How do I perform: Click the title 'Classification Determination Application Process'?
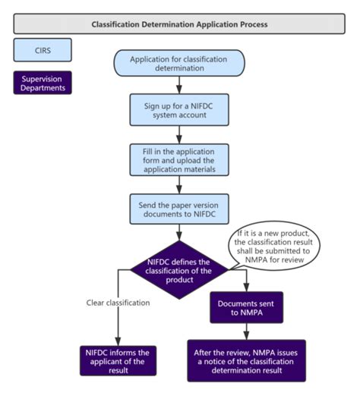179,24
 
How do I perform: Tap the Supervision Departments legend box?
43,83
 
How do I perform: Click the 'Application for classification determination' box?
179,64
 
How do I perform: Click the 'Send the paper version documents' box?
179,208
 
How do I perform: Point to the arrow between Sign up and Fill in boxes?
179,135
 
